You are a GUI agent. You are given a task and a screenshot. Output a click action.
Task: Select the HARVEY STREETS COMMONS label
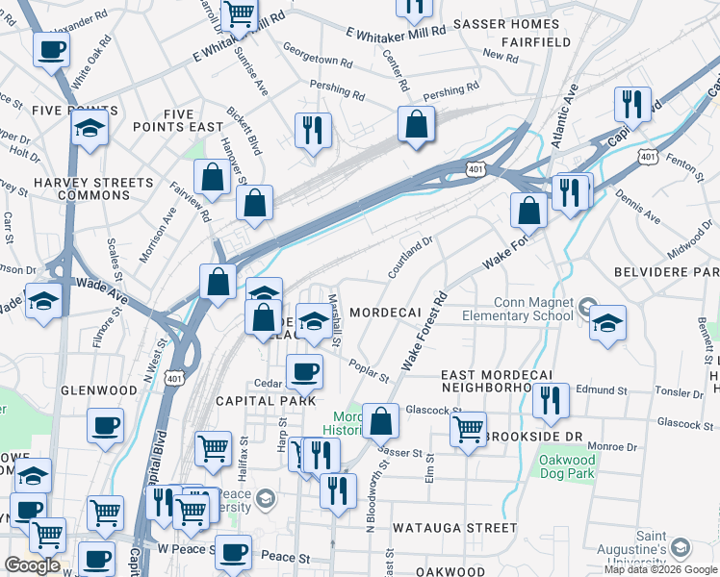click(93, 188)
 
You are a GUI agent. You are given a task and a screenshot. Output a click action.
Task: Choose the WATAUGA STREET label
click(454, 528)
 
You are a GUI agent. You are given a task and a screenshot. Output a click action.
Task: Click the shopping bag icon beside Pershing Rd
click(416, 124)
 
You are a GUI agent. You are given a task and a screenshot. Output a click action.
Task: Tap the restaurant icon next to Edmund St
click(551, 399)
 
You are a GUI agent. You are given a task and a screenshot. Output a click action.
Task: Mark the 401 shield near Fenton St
click(648, 156)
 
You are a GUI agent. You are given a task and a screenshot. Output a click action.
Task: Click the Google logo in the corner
click(32, 565)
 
